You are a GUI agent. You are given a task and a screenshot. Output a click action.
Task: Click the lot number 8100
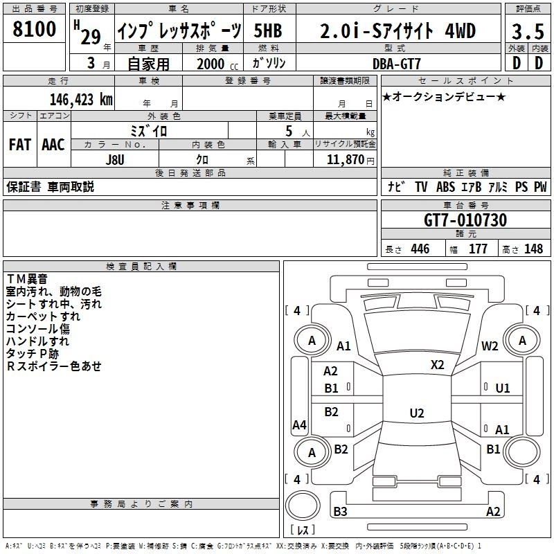pyautogui.click(x=35, y=30)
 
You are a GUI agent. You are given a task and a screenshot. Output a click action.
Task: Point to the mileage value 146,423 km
pyautogui.click(x=81, y=99)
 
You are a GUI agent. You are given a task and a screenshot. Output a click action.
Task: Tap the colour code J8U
pyautogui.click(x=115, y=159)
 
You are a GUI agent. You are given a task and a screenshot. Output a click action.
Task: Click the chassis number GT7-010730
pyautogui.click(x=465, y=220)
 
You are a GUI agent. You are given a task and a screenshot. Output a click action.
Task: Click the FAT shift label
pyautogui.click(x=19, y=145)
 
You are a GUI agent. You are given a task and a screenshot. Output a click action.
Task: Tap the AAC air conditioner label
pyautogui.click(x=53, y=145)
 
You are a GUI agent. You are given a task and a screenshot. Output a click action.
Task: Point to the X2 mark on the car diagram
pyautogui.click(x=437, y=365)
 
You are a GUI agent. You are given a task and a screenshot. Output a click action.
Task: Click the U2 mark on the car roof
pyautogui.click(x=416, y=413)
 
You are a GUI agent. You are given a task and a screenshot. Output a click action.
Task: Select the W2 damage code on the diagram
pyautogui.click(x=490, y=346)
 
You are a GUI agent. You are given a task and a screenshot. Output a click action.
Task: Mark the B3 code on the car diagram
pyautogui.click(x=340, y=512)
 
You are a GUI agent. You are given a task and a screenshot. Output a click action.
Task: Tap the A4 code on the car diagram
pyautogui.click(x=299, y=425)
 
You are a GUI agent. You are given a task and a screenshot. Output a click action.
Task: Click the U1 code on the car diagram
pyautogui.click(x=503, y=388)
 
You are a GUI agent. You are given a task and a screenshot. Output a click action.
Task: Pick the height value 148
pyautogui.click(x=533, y=249)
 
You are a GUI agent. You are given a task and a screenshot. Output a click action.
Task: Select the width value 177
pyautogui.click(x=478, y=249)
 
